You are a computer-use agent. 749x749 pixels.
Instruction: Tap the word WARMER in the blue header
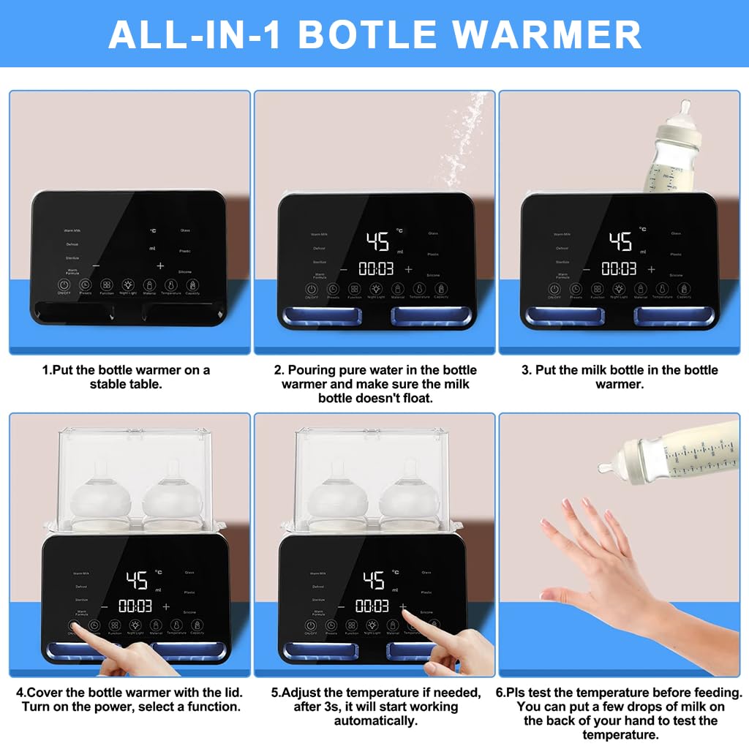point(548,34)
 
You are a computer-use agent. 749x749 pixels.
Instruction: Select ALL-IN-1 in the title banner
point(197,34)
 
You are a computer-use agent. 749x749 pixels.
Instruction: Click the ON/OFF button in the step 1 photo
point(64,285)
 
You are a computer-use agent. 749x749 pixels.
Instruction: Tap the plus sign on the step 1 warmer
point(160,266)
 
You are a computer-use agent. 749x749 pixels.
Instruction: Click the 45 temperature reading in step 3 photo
point(620,241)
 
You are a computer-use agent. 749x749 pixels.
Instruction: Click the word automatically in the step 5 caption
point(375,720)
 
